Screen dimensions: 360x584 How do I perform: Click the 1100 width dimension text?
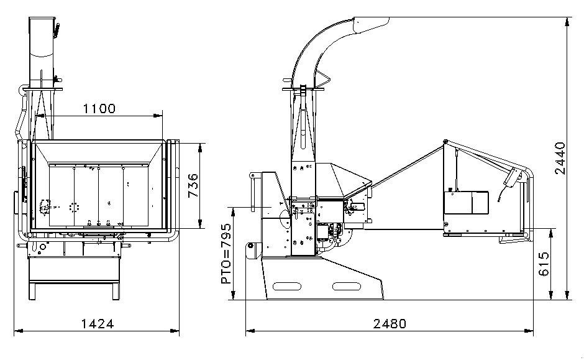99,109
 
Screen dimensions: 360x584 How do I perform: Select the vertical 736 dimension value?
193,185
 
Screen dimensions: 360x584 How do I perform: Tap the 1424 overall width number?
98,324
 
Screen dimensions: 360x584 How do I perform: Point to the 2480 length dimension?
390,324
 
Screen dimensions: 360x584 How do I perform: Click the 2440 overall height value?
560,159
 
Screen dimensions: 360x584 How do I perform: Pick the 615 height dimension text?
544,265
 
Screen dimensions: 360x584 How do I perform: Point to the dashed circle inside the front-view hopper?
75,207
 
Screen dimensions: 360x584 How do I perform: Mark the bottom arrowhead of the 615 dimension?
552,297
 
